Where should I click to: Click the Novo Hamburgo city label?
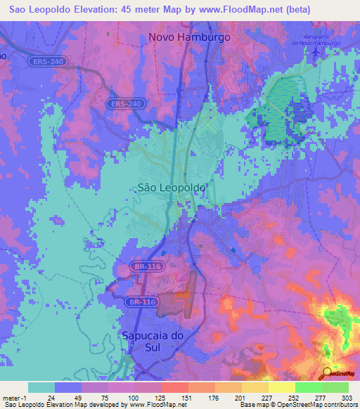tap(189, 37)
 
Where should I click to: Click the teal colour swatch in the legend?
tap(41, 387)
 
